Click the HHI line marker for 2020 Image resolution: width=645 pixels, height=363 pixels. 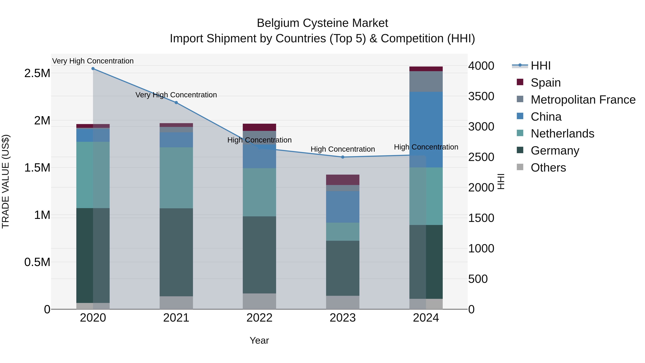(x=93, y=69)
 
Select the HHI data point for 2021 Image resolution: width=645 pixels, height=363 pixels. (x=176, y=103)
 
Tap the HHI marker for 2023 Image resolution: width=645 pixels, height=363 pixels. (x=343, y=157)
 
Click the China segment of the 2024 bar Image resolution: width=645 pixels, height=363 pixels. (x=426, y=130)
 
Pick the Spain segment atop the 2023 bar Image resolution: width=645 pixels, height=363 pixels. (x=343, y=180)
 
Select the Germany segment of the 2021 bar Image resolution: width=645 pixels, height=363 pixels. (x=176, y=252)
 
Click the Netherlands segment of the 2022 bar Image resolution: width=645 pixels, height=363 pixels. (x=259, y=192)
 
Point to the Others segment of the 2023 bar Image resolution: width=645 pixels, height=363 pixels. (x=343, y=302)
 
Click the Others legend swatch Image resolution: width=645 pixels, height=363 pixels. (x=520, y=167)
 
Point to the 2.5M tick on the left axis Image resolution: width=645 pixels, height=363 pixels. (x=37, y=73)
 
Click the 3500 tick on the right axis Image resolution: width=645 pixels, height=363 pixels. (x=481, y=96)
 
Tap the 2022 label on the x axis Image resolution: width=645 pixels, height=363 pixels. (x=259, y=318)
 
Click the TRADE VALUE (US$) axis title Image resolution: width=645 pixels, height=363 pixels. (x=6, y=181)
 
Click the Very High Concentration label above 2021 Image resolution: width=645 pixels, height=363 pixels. (x=176, y=95)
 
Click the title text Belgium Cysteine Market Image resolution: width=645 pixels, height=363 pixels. (x=322, y=23)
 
